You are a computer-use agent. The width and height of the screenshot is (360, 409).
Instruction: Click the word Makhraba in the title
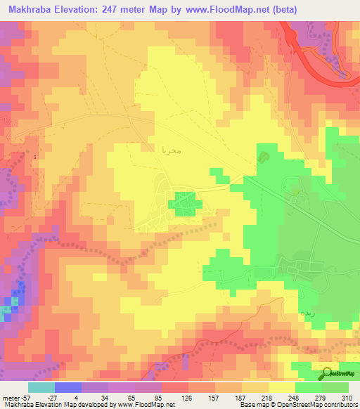coord(34,9)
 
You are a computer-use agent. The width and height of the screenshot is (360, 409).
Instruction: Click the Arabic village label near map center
coord(172,149)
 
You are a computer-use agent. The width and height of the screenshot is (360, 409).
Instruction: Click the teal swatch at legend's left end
coord(41,387)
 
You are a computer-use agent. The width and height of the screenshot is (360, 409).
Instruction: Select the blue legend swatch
coord(68,387)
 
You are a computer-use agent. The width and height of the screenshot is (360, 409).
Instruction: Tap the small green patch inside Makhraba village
coord(186,202)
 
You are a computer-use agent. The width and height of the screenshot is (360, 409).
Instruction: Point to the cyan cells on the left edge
coord(7,308)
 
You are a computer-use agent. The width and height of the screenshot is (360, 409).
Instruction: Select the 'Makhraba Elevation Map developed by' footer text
coord(53,405)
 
